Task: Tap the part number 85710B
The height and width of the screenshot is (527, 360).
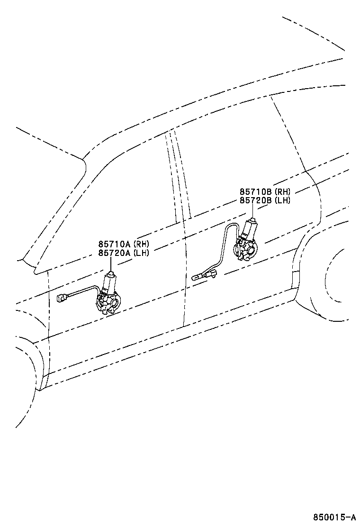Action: coord(256,192)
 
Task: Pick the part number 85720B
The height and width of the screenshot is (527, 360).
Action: coord(256,200)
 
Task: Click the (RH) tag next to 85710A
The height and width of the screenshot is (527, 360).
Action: coord(141,244)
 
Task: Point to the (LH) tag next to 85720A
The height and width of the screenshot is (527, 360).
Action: coord(141,253)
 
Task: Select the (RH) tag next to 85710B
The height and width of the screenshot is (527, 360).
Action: coord(282,192)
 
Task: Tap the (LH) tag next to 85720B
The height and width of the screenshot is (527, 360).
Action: coord(282,200)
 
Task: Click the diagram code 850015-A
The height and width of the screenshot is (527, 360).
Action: coord(334,517)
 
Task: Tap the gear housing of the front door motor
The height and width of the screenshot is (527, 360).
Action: coord(108,304)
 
